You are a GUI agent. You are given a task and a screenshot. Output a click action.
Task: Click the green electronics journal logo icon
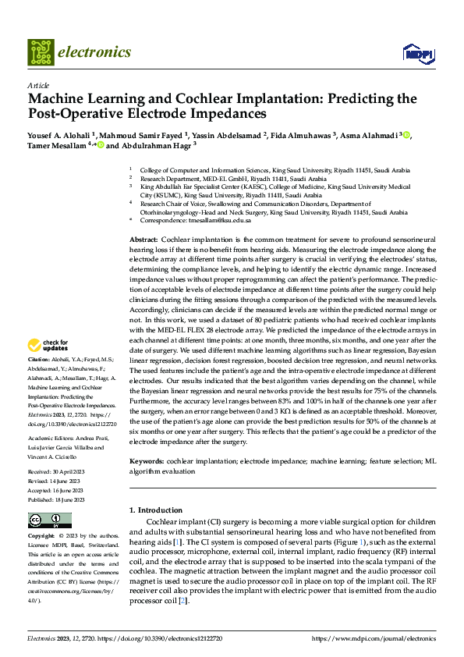(41, 52)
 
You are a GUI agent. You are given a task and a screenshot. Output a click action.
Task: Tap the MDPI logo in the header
(417, 53)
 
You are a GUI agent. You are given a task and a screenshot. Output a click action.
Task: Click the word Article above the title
(38, 84)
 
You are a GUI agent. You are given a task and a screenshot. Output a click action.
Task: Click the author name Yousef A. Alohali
(58, 134)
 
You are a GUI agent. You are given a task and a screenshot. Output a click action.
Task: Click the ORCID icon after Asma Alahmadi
(406, 134)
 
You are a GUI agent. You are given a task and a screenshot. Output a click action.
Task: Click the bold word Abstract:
(143, 237)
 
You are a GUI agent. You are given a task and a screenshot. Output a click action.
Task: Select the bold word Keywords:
(147, 462)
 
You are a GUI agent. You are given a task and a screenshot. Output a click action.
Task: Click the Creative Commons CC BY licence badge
(49, 520)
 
